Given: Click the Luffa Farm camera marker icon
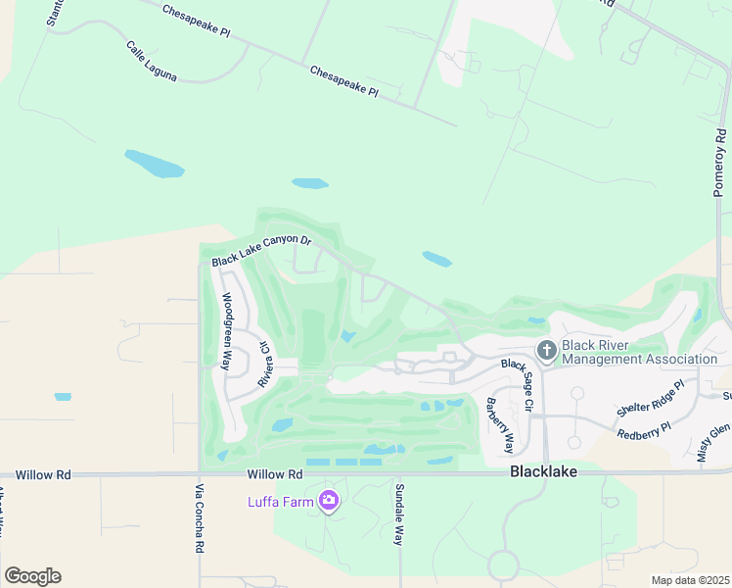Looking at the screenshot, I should click(329, 502).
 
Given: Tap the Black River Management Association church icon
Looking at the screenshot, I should click(546, 350).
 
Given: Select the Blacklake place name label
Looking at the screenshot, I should click(543, 471).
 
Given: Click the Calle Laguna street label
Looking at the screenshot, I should click(151, 61).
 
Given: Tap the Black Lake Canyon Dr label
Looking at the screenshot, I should click(261, 250).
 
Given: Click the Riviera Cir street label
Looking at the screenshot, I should click(263, 365).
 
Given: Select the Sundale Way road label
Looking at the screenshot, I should click(399, 514).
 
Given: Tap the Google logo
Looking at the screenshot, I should click(32, 576).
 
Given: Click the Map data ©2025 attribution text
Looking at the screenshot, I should click(691, 580).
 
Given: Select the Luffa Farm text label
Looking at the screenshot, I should click(281, 503).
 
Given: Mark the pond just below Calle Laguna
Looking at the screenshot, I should click(154, 164).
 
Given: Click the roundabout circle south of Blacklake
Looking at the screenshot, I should click(503, 565).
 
